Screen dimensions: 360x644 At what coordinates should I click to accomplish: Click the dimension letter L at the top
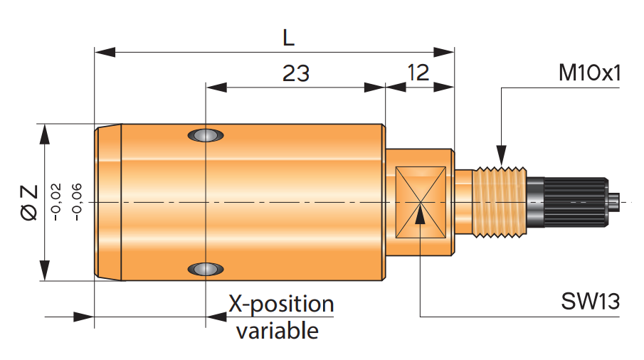288,37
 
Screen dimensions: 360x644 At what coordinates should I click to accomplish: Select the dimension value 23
296,73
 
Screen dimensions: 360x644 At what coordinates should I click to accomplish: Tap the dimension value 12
420,73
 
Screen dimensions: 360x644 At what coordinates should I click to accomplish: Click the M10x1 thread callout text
590,73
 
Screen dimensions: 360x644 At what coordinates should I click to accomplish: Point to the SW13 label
591,301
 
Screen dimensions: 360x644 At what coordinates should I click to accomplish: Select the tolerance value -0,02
57,202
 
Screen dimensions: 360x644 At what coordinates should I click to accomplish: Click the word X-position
281,305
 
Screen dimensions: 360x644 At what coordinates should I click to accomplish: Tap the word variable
278,330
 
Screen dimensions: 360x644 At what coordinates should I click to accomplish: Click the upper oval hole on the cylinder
205,135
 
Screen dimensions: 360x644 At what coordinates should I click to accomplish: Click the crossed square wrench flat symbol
420,203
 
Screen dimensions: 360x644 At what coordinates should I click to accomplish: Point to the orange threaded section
500,203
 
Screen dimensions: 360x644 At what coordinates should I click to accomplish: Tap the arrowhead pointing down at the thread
502,157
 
